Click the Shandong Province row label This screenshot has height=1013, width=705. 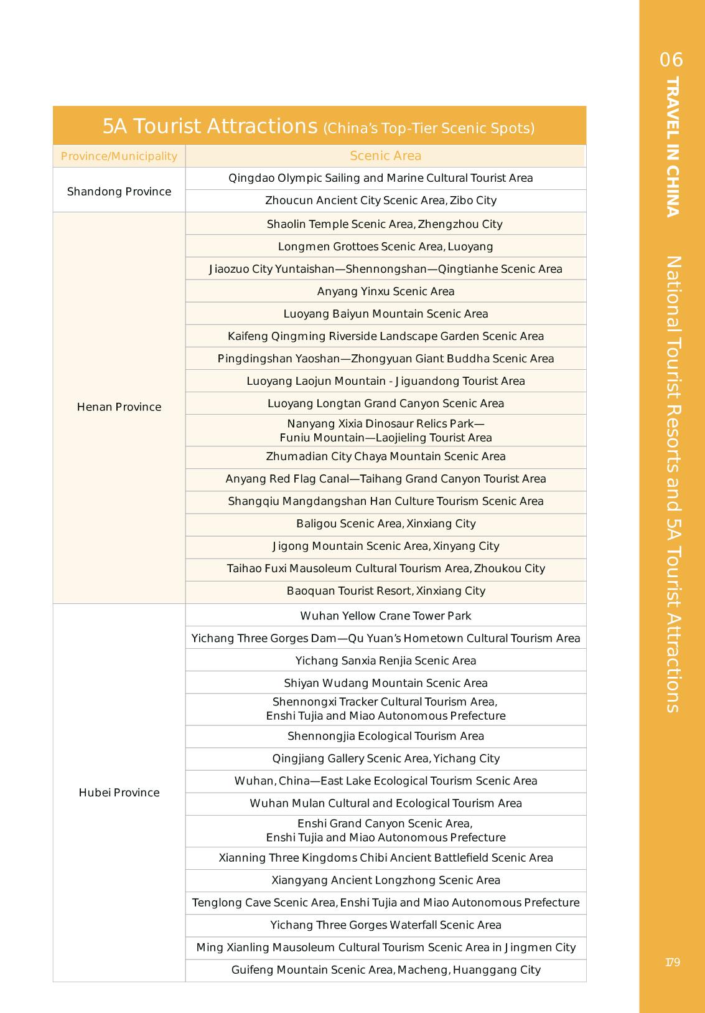[119, 191]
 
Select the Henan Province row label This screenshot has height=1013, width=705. [119, 407]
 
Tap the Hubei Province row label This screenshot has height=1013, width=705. [119, 792]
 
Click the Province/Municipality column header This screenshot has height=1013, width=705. [119, 156]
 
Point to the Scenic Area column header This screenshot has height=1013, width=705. [385, 156]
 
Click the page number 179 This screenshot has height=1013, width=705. [672, 962]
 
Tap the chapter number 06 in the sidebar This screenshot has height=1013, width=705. [671, 60]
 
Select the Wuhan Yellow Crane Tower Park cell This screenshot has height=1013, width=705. [385, 616]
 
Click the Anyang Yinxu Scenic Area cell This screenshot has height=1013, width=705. [385, 291]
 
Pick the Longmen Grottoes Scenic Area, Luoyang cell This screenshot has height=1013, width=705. [385, 247]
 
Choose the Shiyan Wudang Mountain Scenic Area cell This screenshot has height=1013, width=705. [385, 683]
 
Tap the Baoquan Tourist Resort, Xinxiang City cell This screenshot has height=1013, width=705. [385, 591]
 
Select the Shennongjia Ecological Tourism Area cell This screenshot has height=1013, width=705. [385, 736]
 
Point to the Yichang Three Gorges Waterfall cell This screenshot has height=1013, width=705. [385, 925]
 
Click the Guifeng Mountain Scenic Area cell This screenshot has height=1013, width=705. [385, 969]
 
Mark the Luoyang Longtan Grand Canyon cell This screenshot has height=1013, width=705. [385, 403]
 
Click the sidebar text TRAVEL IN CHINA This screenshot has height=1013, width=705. [672, 147]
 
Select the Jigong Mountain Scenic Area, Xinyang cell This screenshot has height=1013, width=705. [385, 546]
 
